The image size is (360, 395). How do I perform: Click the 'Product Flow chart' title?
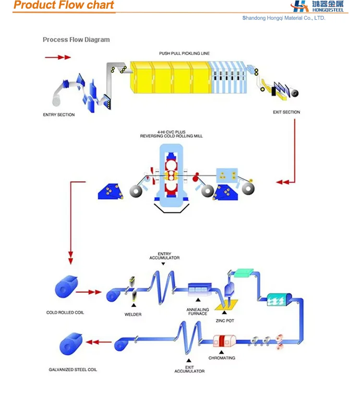pos(64,6)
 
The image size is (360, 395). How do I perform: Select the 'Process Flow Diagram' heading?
pos(76,40)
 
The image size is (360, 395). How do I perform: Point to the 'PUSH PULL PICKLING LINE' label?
pos(184,53)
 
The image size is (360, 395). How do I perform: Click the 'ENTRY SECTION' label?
pos(59,115)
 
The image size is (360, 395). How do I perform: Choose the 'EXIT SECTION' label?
pos(286,112)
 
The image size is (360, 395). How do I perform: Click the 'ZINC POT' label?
pos(225,320)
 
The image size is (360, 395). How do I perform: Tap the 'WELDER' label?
pos(133,314)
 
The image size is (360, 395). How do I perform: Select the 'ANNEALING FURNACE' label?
pos(198,311)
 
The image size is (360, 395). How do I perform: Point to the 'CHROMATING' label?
pos(221,358)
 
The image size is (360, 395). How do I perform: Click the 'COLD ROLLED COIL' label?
pos(65,312)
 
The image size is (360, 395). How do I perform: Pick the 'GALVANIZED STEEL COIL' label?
pos(72,370)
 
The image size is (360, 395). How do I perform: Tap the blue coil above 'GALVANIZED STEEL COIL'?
pos(71,344)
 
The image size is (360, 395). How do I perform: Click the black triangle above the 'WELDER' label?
pos(133,305)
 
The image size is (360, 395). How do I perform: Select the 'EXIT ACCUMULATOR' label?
pos(189,369)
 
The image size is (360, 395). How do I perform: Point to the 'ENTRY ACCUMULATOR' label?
pos(164,256)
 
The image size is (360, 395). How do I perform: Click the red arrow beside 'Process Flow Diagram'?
pos(58,57)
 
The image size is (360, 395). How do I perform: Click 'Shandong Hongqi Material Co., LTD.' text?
pos(284,18)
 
